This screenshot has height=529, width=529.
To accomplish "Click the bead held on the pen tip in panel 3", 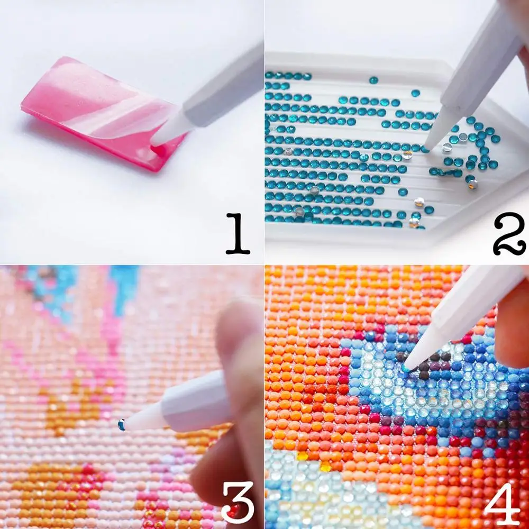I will coord(122,425).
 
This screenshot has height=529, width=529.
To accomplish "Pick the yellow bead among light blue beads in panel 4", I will coord(325,466).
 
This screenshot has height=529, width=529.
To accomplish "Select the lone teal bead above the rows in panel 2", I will coord(373,79).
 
